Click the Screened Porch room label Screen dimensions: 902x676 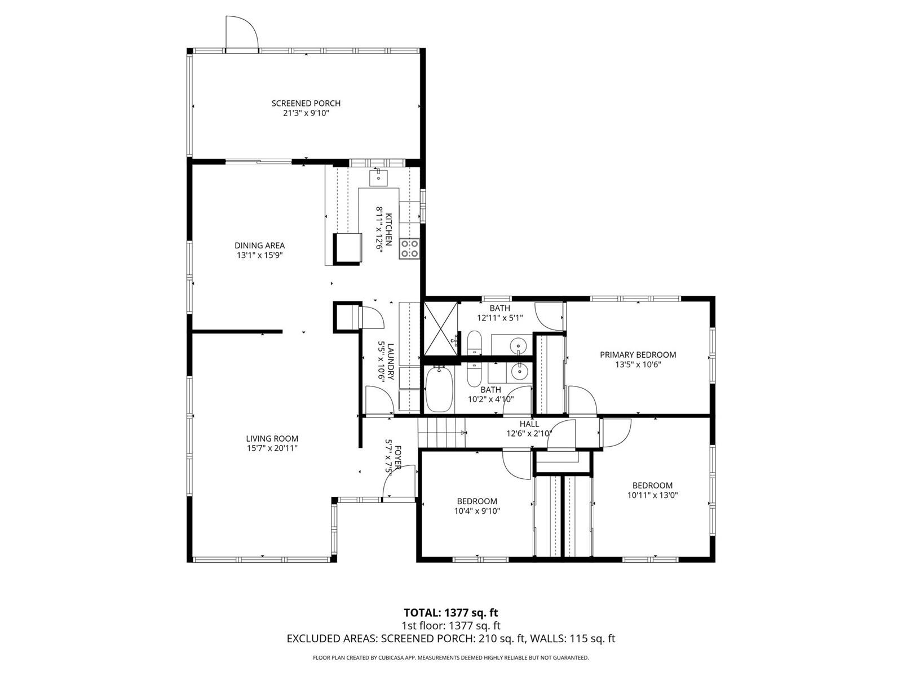306,104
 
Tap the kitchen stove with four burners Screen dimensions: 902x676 409,248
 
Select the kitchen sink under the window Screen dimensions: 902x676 378,177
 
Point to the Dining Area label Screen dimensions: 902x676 259,246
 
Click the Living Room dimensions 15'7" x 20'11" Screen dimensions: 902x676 272,448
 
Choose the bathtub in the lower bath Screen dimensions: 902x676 439,389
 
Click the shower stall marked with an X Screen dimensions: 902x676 440,328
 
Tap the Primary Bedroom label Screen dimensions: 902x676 638,355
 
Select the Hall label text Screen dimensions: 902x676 529,424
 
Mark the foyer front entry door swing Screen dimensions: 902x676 399,483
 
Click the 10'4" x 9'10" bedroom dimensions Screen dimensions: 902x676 477,511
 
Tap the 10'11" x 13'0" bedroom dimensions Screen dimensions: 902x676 652,495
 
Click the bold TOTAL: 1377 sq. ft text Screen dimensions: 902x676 451,613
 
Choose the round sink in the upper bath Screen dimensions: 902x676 518,345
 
